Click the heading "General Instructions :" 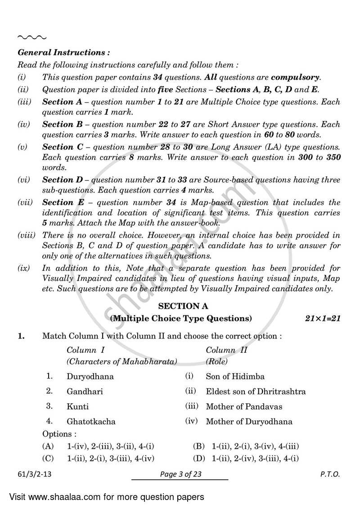(x=63, y=53)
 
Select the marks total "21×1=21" (x=321, y=319)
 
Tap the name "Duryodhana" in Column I (x=90, y=376)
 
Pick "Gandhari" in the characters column (x=85, y=392)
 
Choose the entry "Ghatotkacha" (x=91, y=422)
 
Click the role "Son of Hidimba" (x=235, y=376)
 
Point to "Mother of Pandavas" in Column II (x=244, y=406)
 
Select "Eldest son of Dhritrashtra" (x=256, y=392)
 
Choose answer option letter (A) (x=48, y=446)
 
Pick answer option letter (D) (x=198, y=459)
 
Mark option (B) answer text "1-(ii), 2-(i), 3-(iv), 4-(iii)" (x=256, y=446)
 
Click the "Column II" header (x=226, y=350)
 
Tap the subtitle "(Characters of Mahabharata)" (x=121, y=361)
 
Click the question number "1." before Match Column (x=21, y=335)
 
